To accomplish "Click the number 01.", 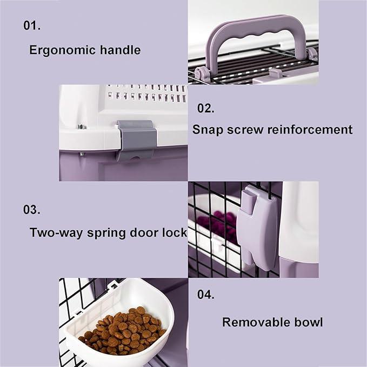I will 32,25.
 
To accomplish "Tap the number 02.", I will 205,108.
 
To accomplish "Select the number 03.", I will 32,210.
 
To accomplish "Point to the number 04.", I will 205,295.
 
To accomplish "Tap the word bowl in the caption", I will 308,323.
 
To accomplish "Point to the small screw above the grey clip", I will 82,127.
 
